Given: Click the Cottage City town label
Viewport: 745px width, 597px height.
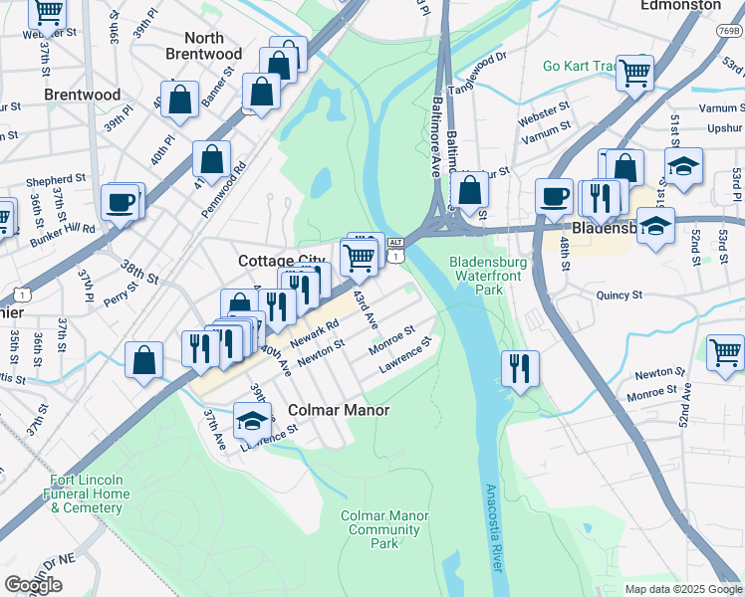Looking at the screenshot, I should point(281,261).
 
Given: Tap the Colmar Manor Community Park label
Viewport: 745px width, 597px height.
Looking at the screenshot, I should point(384,529).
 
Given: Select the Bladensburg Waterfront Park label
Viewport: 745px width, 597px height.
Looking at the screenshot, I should point(487,276).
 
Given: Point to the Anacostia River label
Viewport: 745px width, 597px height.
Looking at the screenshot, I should point(491,527).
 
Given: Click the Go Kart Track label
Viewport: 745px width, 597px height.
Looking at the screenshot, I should point(579,67).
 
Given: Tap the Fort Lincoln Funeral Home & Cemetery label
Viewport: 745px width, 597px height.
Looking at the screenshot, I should point(90,494).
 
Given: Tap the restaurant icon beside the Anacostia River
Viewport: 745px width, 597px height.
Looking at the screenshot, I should point(520,367).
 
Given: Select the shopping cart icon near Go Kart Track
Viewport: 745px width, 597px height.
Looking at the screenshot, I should point(634,72).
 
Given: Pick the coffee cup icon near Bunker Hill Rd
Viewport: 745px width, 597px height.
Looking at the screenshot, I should point(121,201).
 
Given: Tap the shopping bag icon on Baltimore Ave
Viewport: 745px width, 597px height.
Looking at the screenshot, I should point(469,188).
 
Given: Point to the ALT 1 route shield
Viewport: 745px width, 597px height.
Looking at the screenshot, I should point(396,250).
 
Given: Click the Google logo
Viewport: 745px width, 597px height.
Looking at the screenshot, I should point(33,585).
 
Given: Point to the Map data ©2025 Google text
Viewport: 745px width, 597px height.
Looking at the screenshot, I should point(682,589).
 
